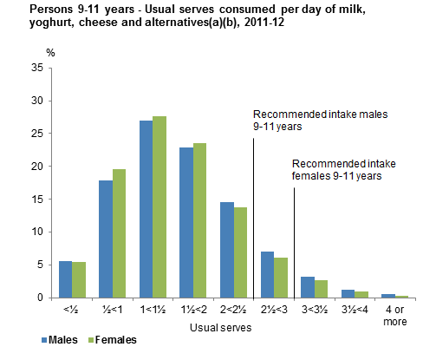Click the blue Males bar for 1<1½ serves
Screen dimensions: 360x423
point(146,209)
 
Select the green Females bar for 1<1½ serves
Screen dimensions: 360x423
point(159,206)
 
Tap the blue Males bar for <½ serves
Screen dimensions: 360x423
point(65,279)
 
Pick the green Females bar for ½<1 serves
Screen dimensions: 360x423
point(119,233)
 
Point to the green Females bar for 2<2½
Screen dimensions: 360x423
point(240,252)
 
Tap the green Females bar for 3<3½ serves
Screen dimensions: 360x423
point(321,289)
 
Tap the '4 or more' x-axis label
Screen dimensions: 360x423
point(394,316)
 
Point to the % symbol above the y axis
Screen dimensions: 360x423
point(50,54)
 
